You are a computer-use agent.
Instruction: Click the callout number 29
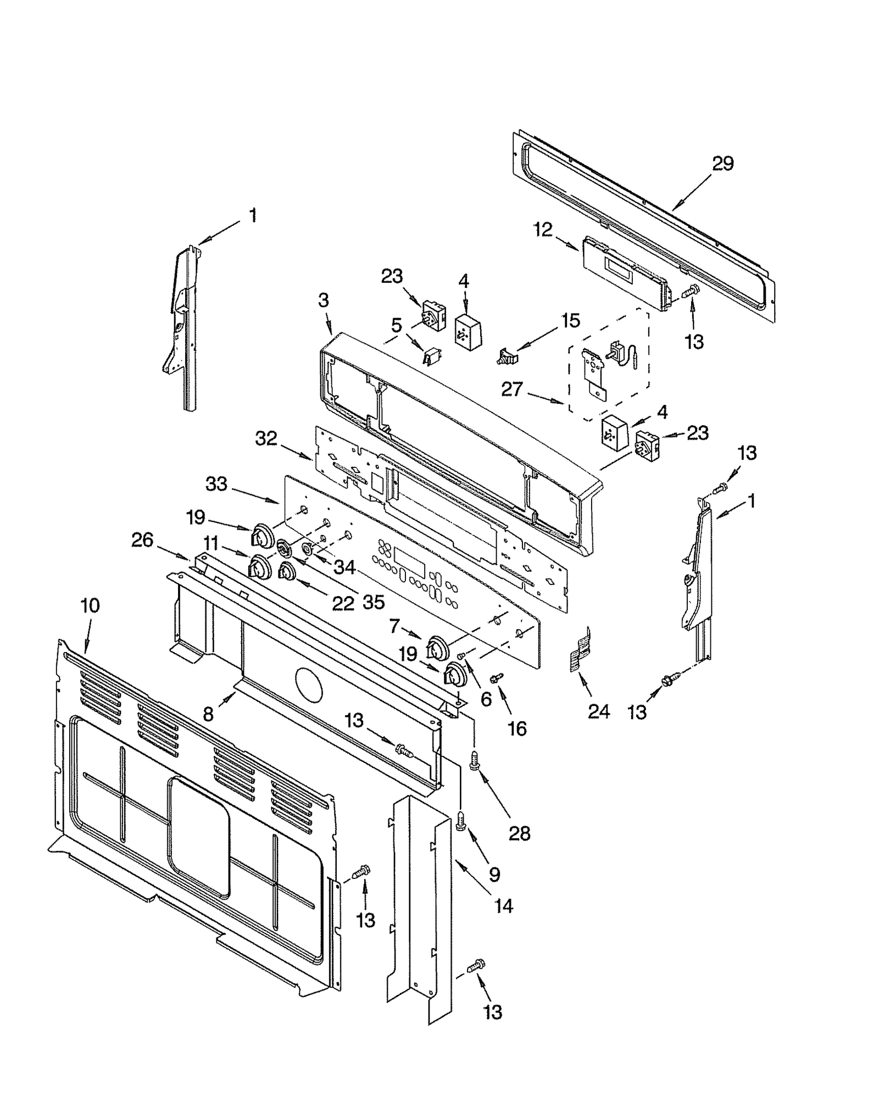(x=722, y=164)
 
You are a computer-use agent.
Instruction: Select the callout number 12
(x=543, y=230)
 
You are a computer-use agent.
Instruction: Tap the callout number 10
(x=90, y=606)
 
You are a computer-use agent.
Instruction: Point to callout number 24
(x=598, y=711)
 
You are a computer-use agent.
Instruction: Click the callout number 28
(x=519, y=833)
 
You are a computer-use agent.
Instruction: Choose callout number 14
(x=503, y=906)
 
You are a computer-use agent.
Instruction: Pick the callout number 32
(x=266, y=439)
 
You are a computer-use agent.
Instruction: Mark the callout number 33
(x=216, y=484)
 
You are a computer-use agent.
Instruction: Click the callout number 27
(x=511, y=389)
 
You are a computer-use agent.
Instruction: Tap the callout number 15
(x=571, y=320)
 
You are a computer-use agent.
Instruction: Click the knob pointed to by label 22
(x=286, y=573)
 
